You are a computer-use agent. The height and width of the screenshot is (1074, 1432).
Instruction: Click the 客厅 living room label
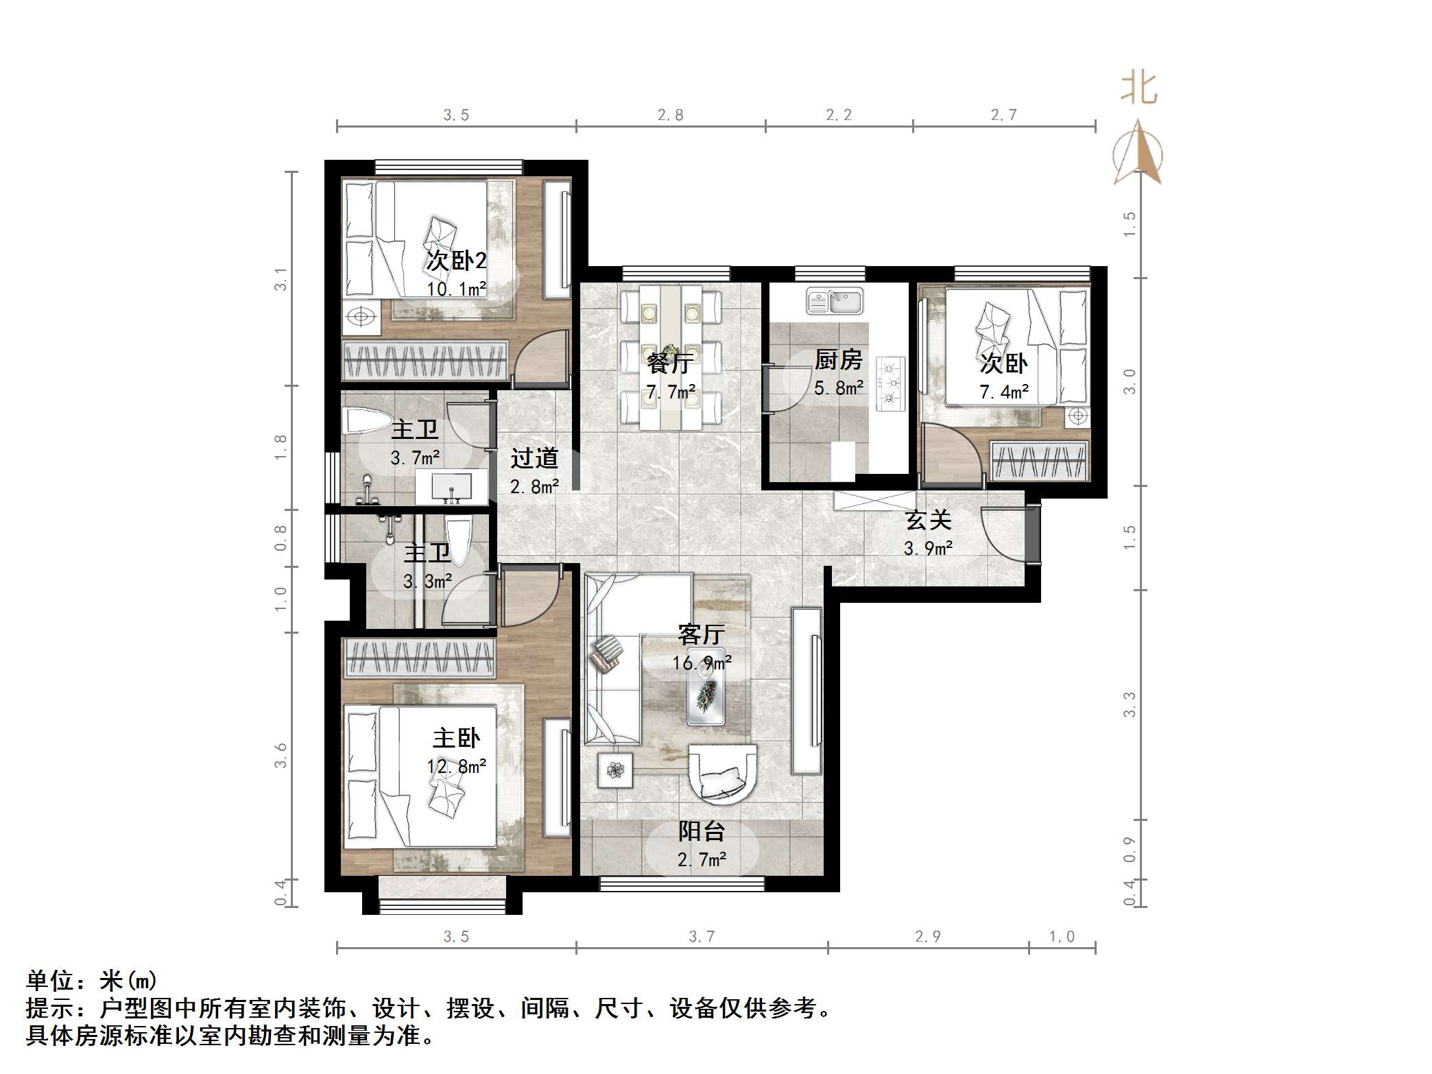pyautogui.click(x=701, y=634)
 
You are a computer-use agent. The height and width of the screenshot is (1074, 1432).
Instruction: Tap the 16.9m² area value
pyautogui.click(x=701, y=663)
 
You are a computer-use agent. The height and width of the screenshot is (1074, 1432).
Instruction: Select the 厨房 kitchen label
pyautogui.click(x=838, y=359)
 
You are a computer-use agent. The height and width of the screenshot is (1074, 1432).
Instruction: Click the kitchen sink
pyautogui.click(x=835, y=302)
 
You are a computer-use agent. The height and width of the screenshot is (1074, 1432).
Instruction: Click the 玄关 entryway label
pyautogui.click(x=928, y=520)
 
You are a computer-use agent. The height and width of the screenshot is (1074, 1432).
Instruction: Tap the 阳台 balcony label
pyautogui.click(x=701, y=831)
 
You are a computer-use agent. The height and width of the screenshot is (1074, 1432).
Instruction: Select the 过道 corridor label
pyautogui.click(x=534, y=457)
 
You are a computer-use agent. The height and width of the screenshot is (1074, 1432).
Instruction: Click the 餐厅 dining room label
pyautogui.click(x=669, y=363)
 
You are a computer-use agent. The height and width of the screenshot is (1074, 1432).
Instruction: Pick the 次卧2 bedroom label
pyautogui.click(x=456, y=261)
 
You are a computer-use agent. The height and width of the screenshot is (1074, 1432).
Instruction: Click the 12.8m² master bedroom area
pyautogui.click(x=456, y=767)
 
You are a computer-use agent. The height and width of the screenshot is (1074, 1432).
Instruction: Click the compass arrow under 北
pyautogui.click(x=1138, y=154)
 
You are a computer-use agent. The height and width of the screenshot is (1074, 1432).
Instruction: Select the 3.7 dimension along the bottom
pyautogui.click(x=701, y=937)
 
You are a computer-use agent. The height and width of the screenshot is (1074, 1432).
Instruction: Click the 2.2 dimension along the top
pyautogui.click(x=838, y=115)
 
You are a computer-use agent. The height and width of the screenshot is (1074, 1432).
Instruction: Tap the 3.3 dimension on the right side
pyautogui.click(x=1129, y=705)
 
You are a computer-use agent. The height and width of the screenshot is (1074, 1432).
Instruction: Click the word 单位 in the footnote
pyautogui.click(x=50, y=981)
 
